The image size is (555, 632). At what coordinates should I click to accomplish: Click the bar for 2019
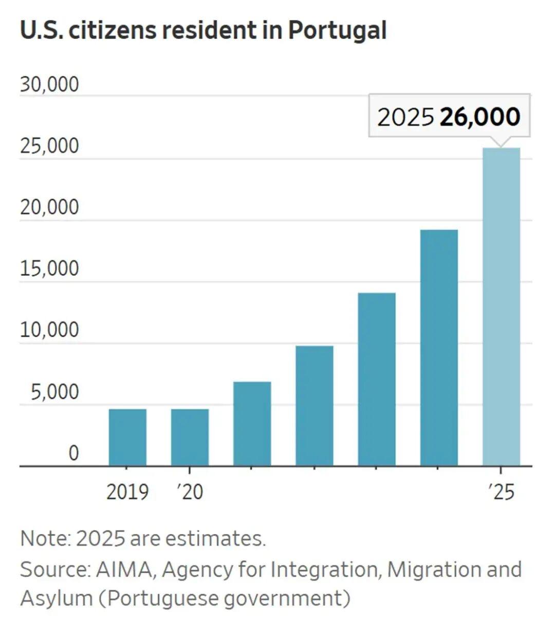pos(127,437)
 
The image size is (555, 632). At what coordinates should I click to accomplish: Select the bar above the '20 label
pos(190,437)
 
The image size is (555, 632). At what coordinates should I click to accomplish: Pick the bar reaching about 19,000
pos(439,348)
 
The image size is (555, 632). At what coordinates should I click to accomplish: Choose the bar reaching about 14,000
pos(377,379)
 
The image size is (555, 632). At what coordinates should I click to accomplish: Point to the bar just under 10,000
pos(314,406)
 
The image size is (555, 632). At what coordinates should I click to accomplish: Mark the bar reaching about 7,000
pos(252,424)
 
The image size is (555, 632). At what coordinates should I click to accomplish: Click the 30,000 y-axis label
pos(49,85)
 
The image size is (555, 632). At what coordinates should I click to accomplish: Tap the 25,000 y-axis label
pos(49,146)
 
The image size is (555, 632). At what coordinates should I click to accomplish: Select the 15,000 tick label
pos(49,269)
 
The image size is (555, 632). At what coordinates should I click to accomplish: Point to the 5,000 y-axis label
pos(54,392)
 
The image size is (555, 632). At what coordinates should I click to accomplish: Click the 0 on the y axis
pos(73,453)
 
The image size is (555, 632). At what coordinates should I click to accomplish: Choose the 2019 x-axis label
pos(127,492)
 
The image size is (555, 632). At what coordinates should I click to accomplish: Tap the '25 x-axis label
pos(501,492)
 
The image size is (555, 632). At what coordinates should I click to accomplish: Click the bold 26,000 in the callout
pos(480,117)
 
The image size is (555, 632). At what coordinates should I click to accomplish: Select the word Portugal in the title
pos(337,30)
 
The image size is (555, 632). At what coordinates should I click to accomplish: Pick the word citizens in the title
pos(111,30)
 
